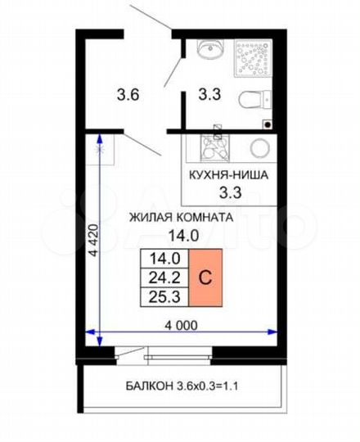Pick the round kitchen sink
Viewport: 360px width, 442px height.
pyautogui.click(x=259, y=149)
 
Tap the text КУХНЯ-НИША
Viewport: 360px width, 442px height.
pyautogui.click(x=228, y=175)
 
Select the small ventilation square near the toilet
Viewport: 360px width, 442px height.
pyautogui.click(x=267, y=122)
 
